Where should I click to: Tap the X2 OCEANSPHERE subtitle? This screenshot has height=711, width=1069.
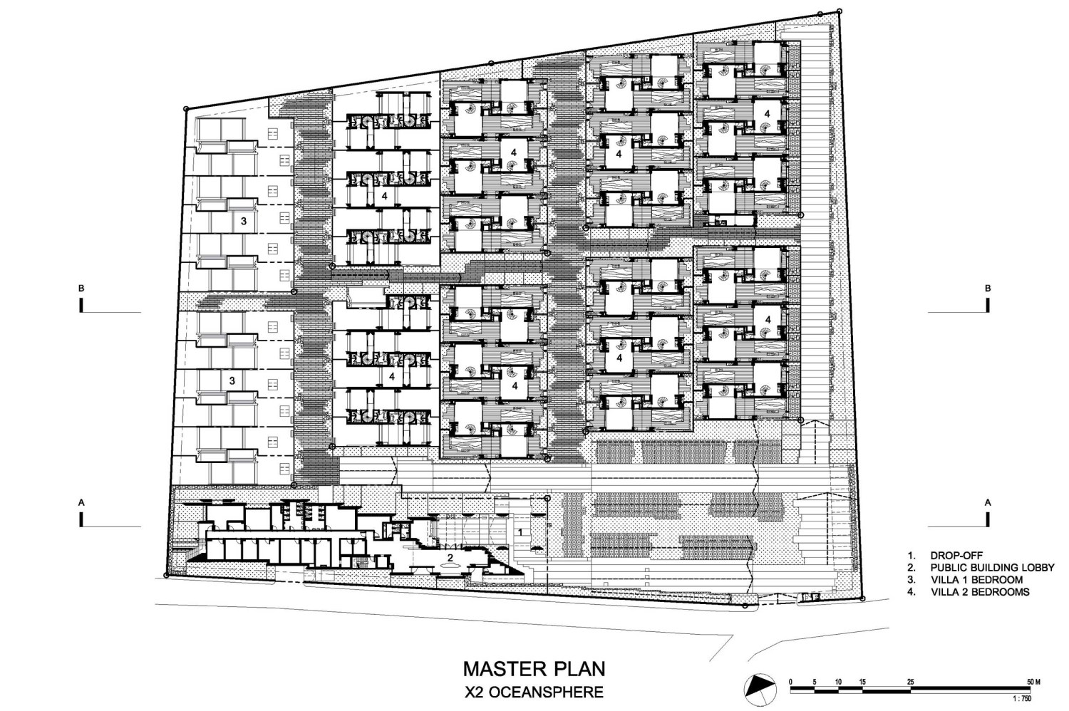(x=534, y=692)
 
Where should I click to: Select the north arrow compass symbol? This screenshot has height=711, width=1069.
(x=760, y=690)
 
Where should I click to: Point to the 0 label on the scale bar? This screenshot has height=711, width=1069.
(x=791, y=682)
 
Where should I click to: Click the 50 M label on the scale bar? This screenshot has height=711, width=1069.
(x=1033, y=682)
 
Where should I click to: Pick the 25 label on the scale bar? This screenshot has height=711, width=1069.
(x=910, y=682)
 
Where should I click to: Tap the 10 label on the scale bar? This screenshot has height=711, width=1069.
(x=839, y=682)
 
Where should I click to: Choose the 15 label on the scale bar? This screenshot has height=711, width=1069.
(x=862, y=682)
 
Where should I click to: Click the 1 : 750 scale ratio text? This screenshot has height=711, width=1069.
(x=1022, y=699)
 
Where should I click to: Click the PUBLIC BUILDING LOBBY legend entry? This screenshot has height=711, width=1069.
(x=992, y=568)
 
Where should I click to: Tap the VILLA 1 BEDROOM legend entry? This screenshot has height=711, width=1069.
(x=976, y=580)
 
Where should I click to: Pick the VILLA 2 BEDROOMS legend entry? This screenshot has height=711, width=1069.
(x=980, y=592)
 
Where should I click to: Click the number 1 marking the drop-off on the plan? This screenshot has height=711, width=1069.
(x=521, y=532)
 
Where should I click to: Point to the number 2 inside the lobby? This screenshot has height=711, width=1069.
(x=450, y=557)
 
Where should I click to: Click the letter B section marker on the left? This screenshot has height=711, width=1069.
(x=82, y=289)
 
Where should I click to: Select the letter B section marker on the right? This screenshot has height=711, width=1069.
(x=988, y=289)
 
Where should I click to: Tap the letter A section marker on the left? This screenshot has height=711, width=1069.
(x=82, y=502)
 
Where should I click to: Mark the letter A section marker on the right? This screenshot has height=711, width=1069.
(x=988, y=502)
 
